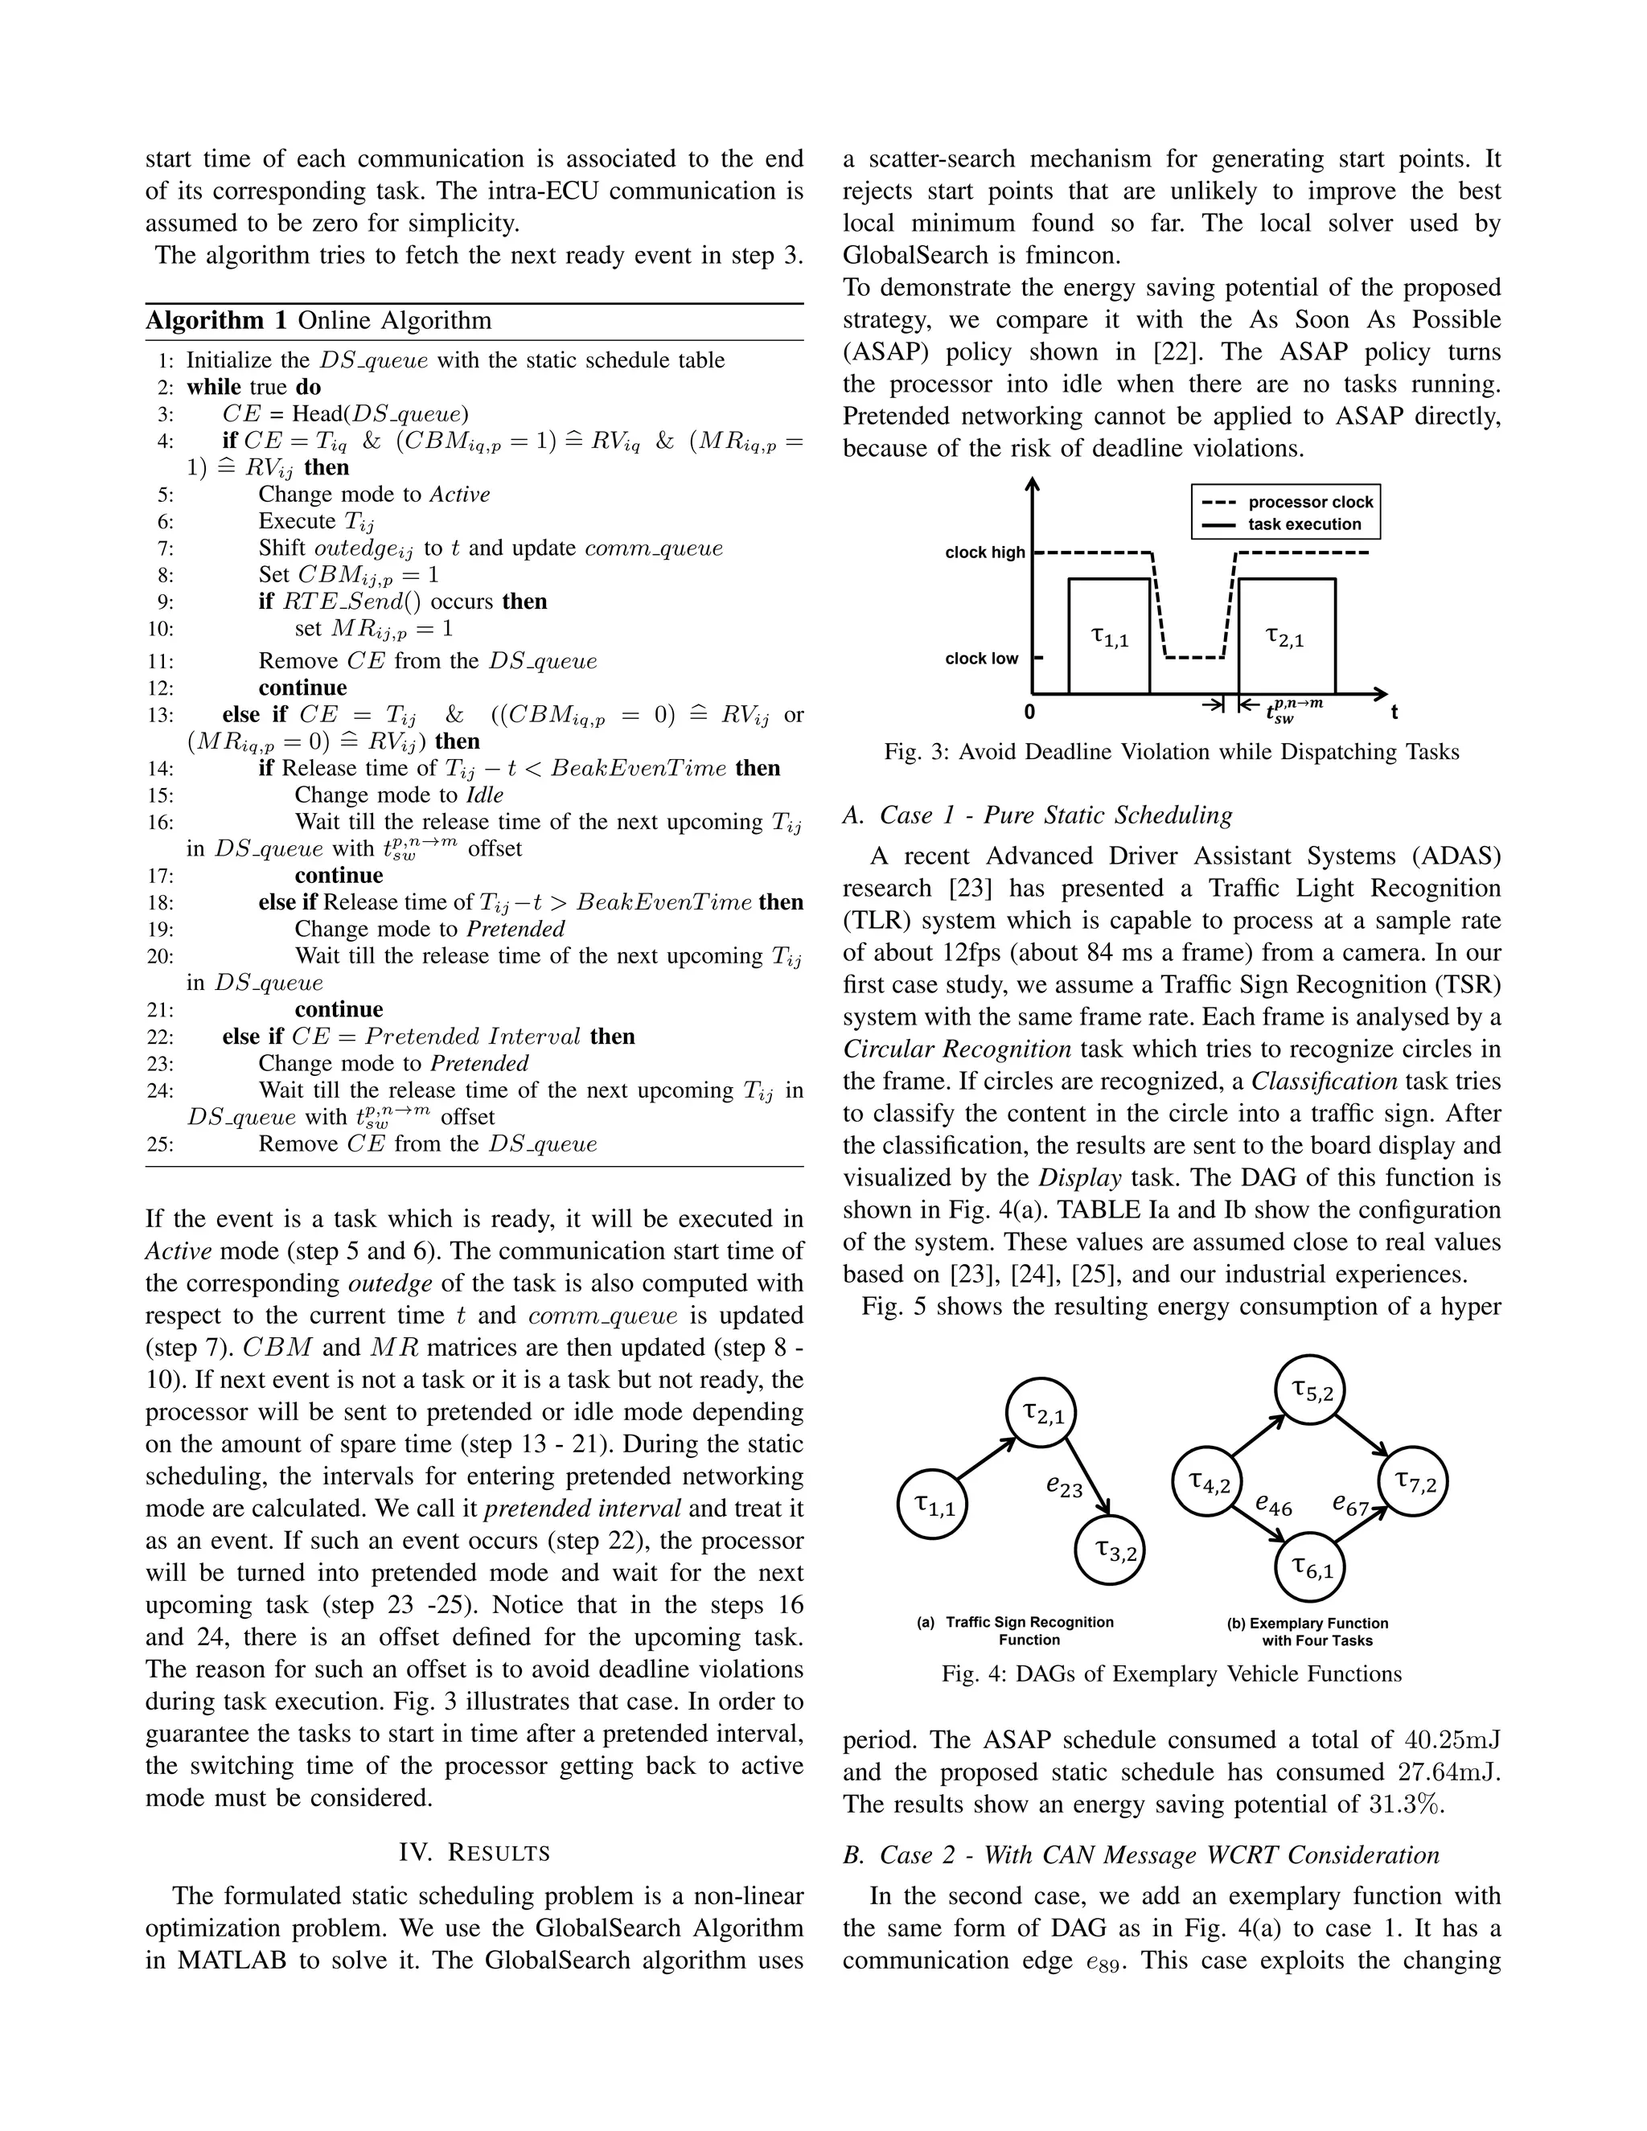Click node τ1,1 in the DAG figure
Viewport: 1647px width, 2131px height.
point(933,1504)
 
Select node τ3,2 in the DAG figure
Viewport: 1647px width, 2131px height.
point(1111,1549)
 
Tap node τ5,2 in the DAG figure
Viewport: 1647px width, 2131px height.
point(1312,1390)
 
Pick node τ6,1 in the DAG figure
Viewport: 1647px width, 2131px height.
point(1312,1568)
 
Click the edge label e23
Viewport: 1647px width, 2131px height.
point(1063,1486)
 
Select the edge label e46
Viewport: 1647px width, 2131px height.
point(1273,1505)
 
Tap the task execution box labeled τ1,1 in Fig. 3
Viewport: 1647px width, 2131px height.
point(1108,637)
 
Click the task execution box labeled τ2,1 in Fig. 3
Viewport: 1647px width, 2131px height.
point(1286,637)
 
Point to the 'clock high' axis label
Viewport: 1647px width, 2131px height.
point(984,552)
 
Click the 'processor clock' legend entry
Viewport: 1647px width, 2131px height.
point(1309,503)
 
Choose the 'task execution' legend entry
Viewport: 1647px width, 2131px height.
point(1304,524)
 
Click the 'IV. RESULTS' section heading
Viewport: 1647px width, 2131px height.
point(474,1852)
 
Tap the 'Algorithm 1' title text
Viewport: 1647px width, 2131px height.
point(204,321)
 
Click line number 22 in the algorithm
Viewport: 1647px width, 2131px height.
point(159,1037)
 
